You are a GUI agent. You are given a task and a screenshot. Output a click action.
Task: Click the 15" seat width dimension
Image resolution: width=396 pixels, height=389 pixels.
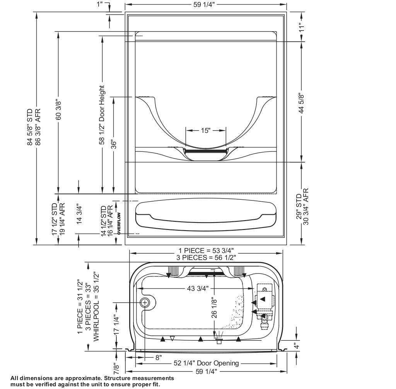[x=205, y=131]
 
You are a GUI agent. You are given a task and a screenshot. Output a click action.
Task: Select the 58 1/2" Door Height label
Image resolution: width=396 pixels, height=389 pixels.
[x=102, y=115]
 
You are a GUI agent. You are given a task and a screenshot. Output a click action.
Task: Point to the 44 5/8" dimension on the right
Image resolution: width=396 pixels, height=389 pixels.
[x=302, y=103]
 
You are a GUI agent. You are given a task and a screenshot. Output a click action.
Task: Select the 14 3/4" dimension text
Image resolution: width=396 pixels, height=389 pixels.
[x=79, y=214]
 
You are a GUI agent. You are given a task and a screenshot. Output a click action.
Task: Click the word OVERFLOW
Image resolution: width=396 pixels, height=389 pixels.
[x=119, y=224]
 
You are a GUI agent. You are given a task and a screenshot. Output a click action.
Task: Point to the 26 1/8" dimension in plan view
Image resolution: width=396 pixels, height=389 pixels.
[x=214, y=307]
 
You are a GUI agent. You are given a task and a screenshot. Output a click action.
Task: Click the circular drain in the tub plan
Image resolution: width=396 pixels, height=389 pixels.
[x=145, y=302]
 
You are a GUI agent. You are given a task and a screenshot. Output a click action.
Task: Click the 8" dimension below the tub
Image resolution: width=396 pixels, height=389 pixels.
[x=159, y=357]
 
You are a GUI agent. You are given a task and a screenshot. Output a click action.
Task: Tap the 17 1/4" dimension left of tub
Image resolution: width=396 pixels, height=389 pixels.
[x=116, y=325]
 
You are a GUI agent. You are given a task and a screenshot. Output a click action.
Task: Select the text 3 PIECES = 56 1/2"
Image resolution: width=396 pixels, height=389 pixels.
[x=206, y=257]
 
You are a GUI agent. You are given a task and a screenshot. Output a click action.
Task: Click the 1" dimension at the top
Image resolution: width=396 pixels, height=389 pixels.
[x=100, y=4]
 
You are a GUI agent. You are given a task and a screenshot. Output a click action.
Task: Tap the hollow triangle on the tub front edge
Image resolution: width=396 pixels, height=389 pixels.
[x=172, y=338]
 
